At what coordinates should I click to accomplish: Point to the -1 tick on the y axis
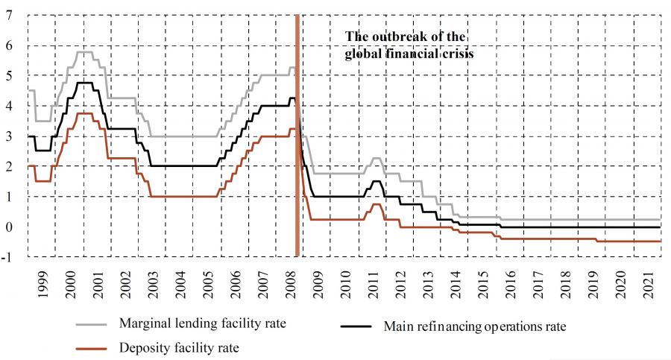click(x=7, y=258)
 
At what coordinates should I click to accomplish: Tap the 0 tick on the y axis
click(x=8, y=227)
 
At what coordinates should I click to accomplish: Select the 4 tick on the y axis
click(x=8, y=107)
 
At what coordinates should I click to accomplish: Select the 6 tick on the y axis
click(x=8, y=45)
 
